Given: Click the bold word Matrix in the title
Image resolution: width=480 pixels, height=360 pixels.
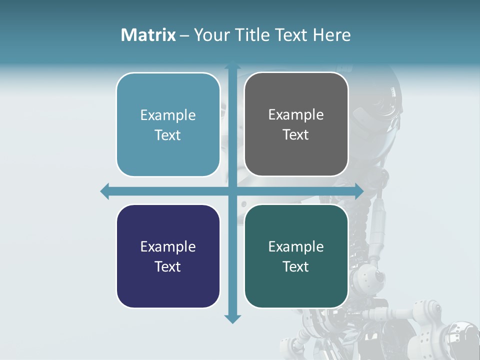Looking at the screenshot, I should click(148, 35).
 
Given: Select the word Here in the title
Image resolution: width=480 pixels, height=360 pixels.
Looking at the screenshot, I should click(331, 35).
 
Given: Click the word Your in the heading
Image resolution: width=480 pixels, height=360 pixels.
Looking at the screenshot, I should click(210, 35).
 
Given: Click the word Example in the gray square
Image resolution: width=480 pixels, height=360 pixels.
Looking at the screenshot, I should click(296, 115).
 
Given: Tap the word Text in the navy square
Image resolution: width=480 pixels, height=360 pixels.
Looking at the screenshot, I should click(167, 266).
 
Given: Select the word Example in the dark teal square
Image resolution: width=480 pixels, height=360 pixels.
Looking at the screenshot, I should click(296, 246).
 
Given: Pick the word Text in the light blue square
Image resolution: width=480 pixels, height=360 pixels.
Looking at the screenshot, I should click(167, 135).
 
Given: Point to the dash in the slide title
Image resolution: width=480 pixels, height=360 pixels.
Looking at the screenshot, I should click(184, 35).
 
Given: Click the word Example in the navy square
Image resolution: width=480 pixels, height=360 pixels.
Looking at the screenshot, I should click(168, 246).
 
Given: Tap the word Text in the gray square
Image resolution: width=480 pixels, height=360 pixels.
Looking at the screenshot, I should click(296, 134).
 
